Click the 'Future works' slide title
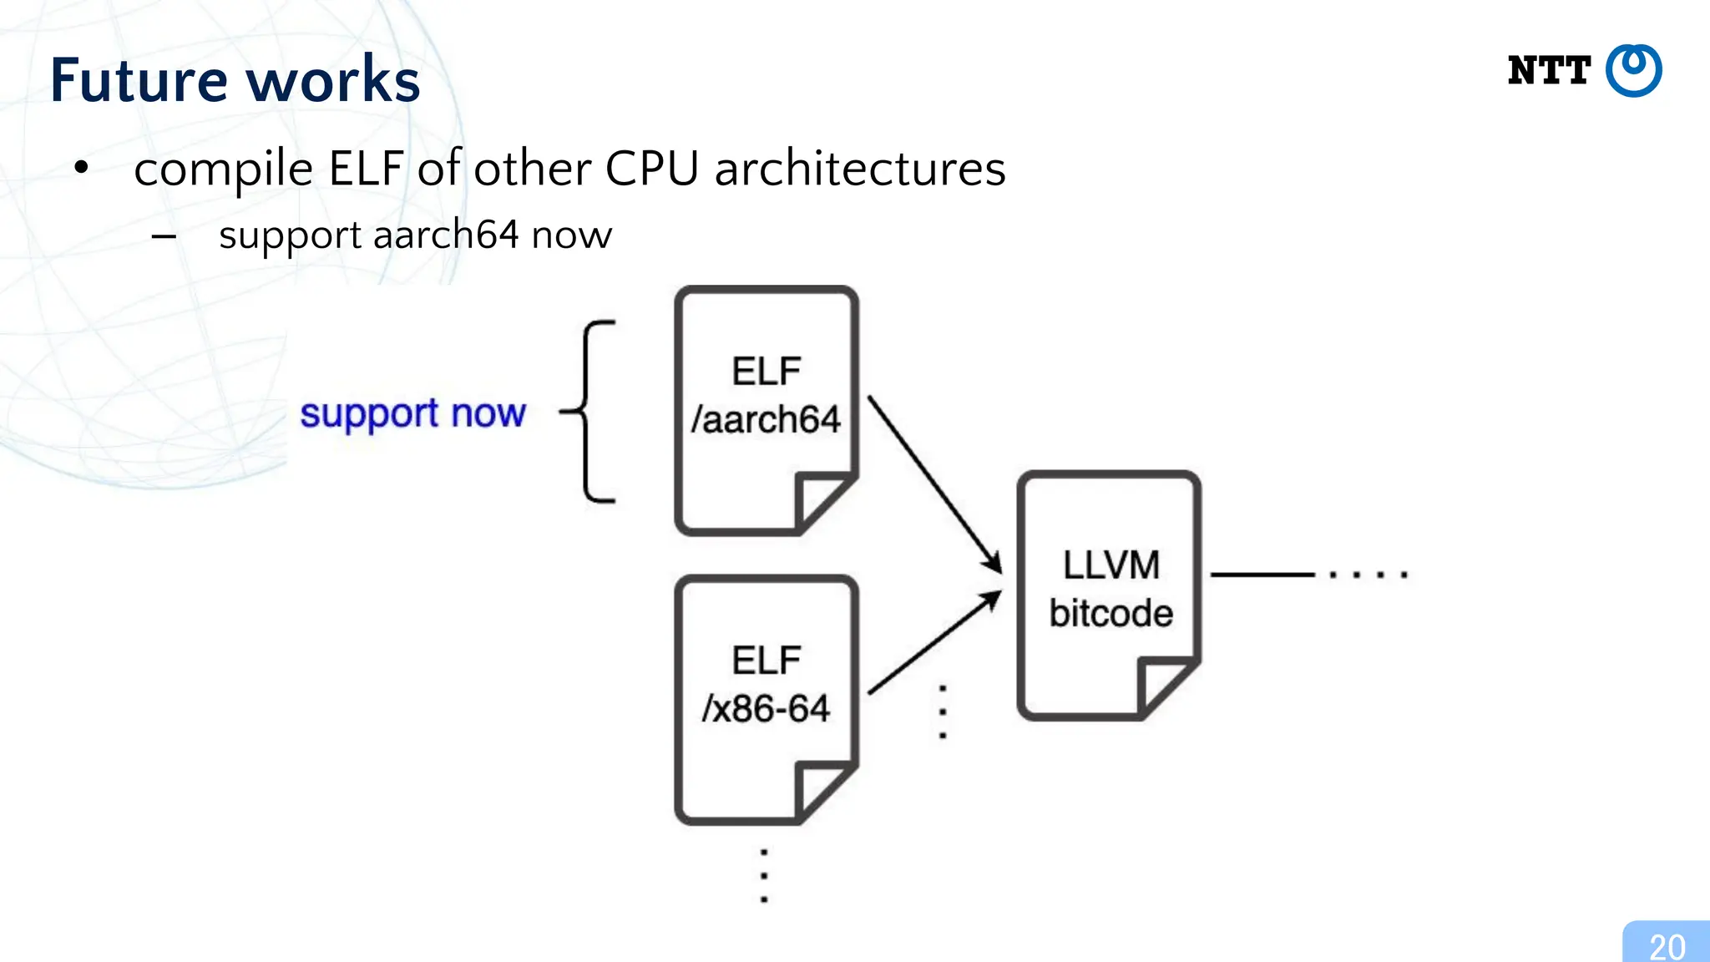tap(235, 80)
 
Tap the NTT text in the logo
tap(1548, 71)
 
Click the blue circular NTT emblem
tap(1633, 71)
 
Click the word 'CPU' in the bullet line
tap(651, 169)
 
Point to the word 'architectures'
tap(860, 169)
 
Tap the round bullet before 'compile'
tap(81, 168)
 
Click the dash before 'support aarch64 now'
tap(164, 237)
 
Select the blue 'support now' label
tap(412, 413)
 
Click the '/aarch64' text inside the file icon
tap(766, 419)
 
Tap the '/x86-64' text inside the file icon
tap(766, 709)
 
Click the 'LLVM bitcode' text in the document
tap(1110, 589)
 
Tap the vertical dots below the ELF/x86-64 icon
tap(764, 876)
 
